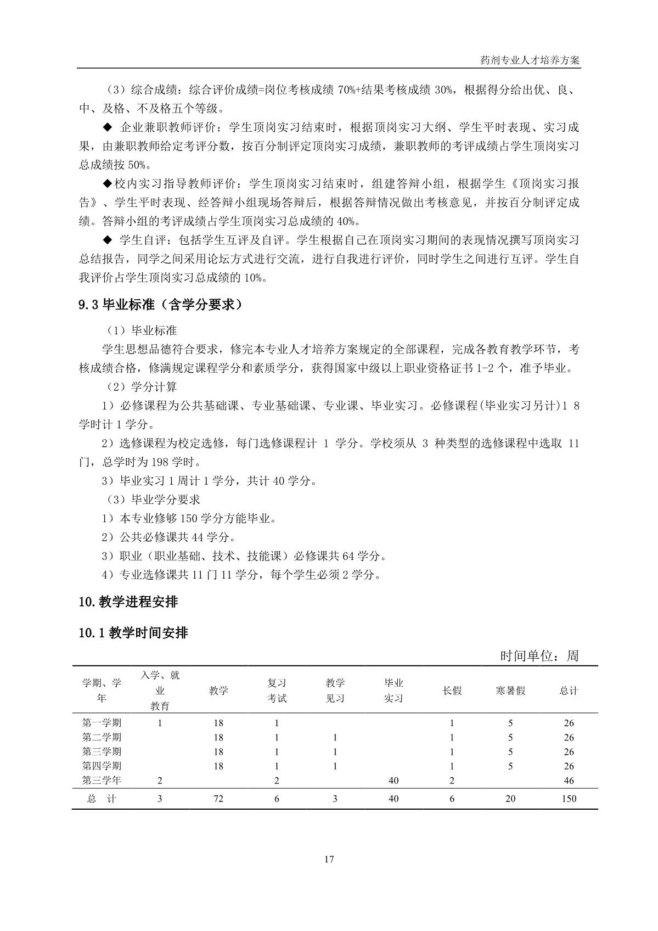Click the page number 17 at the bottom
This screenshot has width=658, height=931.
click(x=329, y=860)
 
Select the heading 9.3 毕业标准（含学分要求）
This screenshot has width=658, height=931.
click(x=161, y=305)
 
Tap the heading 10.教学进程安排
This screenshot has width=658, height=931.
click(x=128, y=602)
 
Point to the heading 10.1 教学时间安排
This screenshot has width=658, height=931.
click(x=133, y=633)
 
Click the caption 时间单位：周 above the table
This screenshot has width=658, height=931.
click(x=539, y=655)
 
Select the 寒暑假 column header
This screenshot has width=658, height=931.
click(x=510, y=691)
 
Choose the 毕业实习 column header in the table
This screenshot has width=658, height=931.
click(x=393, y=691)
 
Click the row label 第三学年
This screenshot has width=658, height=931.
click(x=102, y=780)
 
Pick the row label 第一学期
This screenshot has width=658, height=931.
click(x=102, y=723)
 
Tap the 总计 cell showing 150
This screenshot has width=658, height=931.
click(x=569, y=799)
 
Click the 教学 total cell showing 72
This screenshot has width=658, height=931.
click(x=218, y=799)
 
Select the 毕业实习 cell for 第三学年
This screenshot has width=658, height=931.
click(x=393, y=781)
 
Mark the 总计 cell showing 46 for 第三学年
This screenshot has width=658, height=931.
click(x=569, y=781)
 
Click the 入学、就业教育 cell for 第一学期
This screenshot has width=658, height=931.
click(x=160, y=723)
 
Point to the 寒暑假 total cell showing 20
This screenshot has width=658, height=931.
click(x=510, y=799)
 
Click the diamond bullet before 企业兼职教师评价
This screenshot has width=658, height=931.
click(x=108, y=128)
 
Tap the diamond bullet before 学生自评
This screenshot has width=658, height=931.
click(x=108, y=240)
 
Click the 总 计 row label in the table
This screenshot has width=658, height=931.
click(x=102, y=799)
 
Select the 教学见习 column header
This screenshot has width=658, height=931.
click(x=335, y=691)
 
